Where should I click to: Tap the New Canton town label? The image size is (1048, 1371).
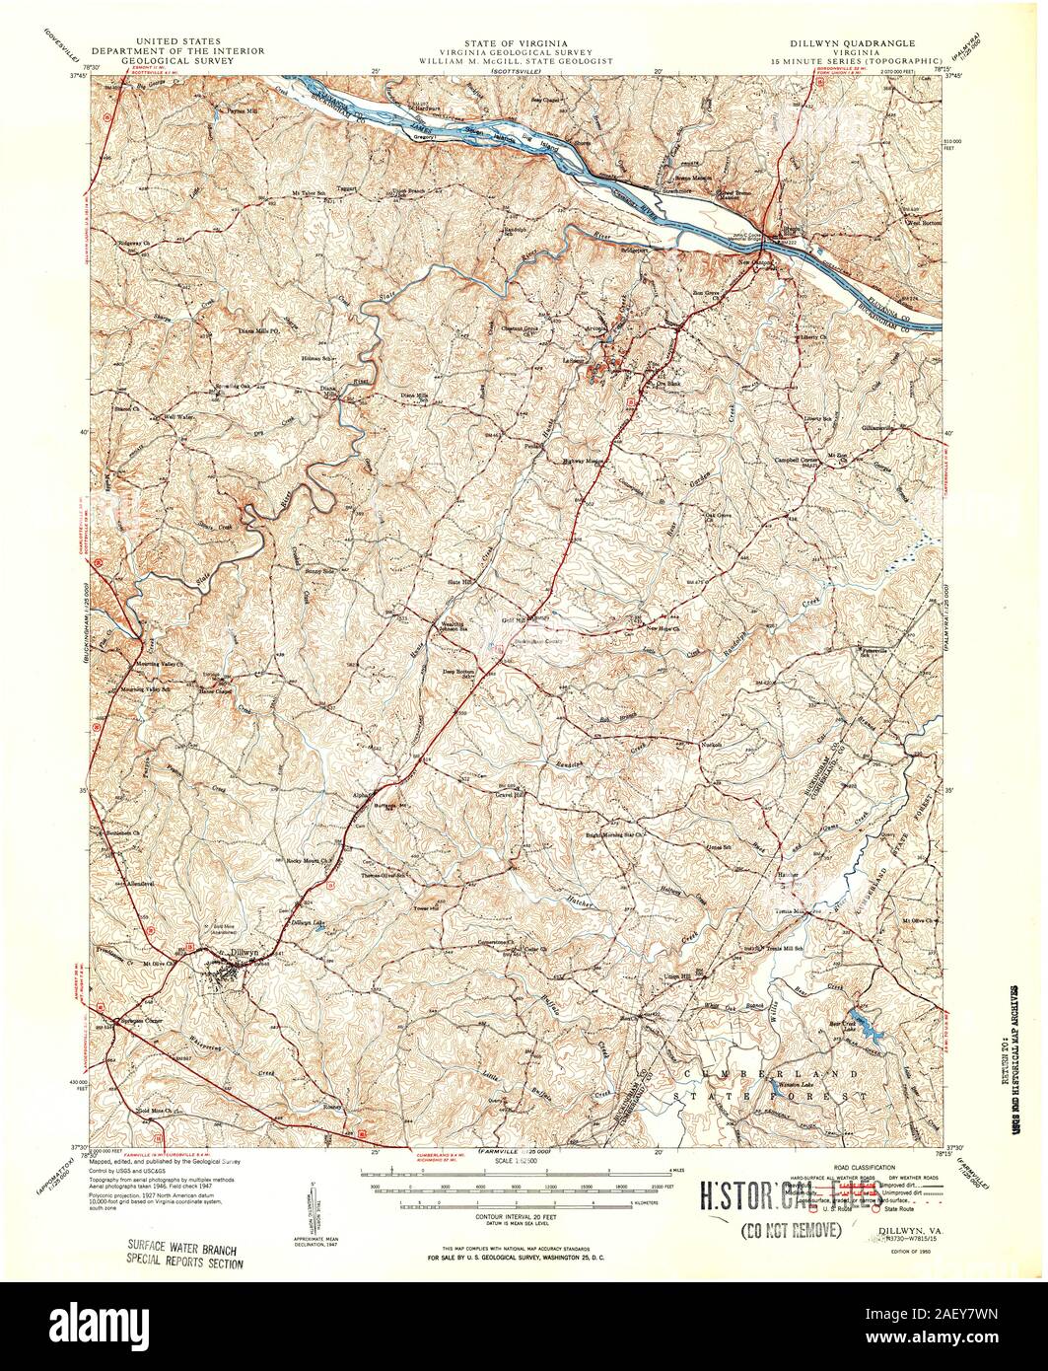click(759, 263)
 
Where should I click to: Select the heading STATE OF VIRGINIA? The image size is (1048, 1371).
click(523, 43)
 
